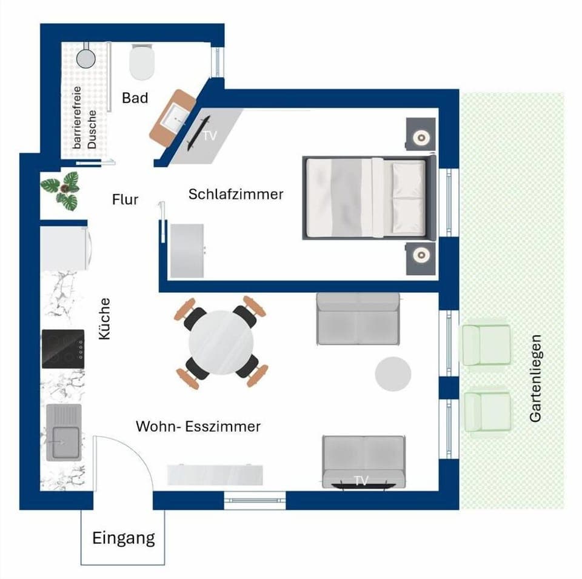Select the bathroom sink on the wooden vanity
click(176, 118)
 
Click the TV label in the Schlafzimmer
click(209, 136)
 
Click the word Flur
click(125, 199)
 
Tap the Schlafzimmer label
click(236, 195)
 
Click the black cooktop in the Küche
click(63, 349)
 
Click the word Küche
click(105, 318)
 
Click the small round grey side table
click(393, 373)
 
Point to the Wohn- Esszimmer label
click(198, 427)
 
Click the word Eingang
click(124, 538)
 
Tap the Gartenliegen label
click(535, 378)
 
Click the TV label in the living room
click(361, 480)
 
